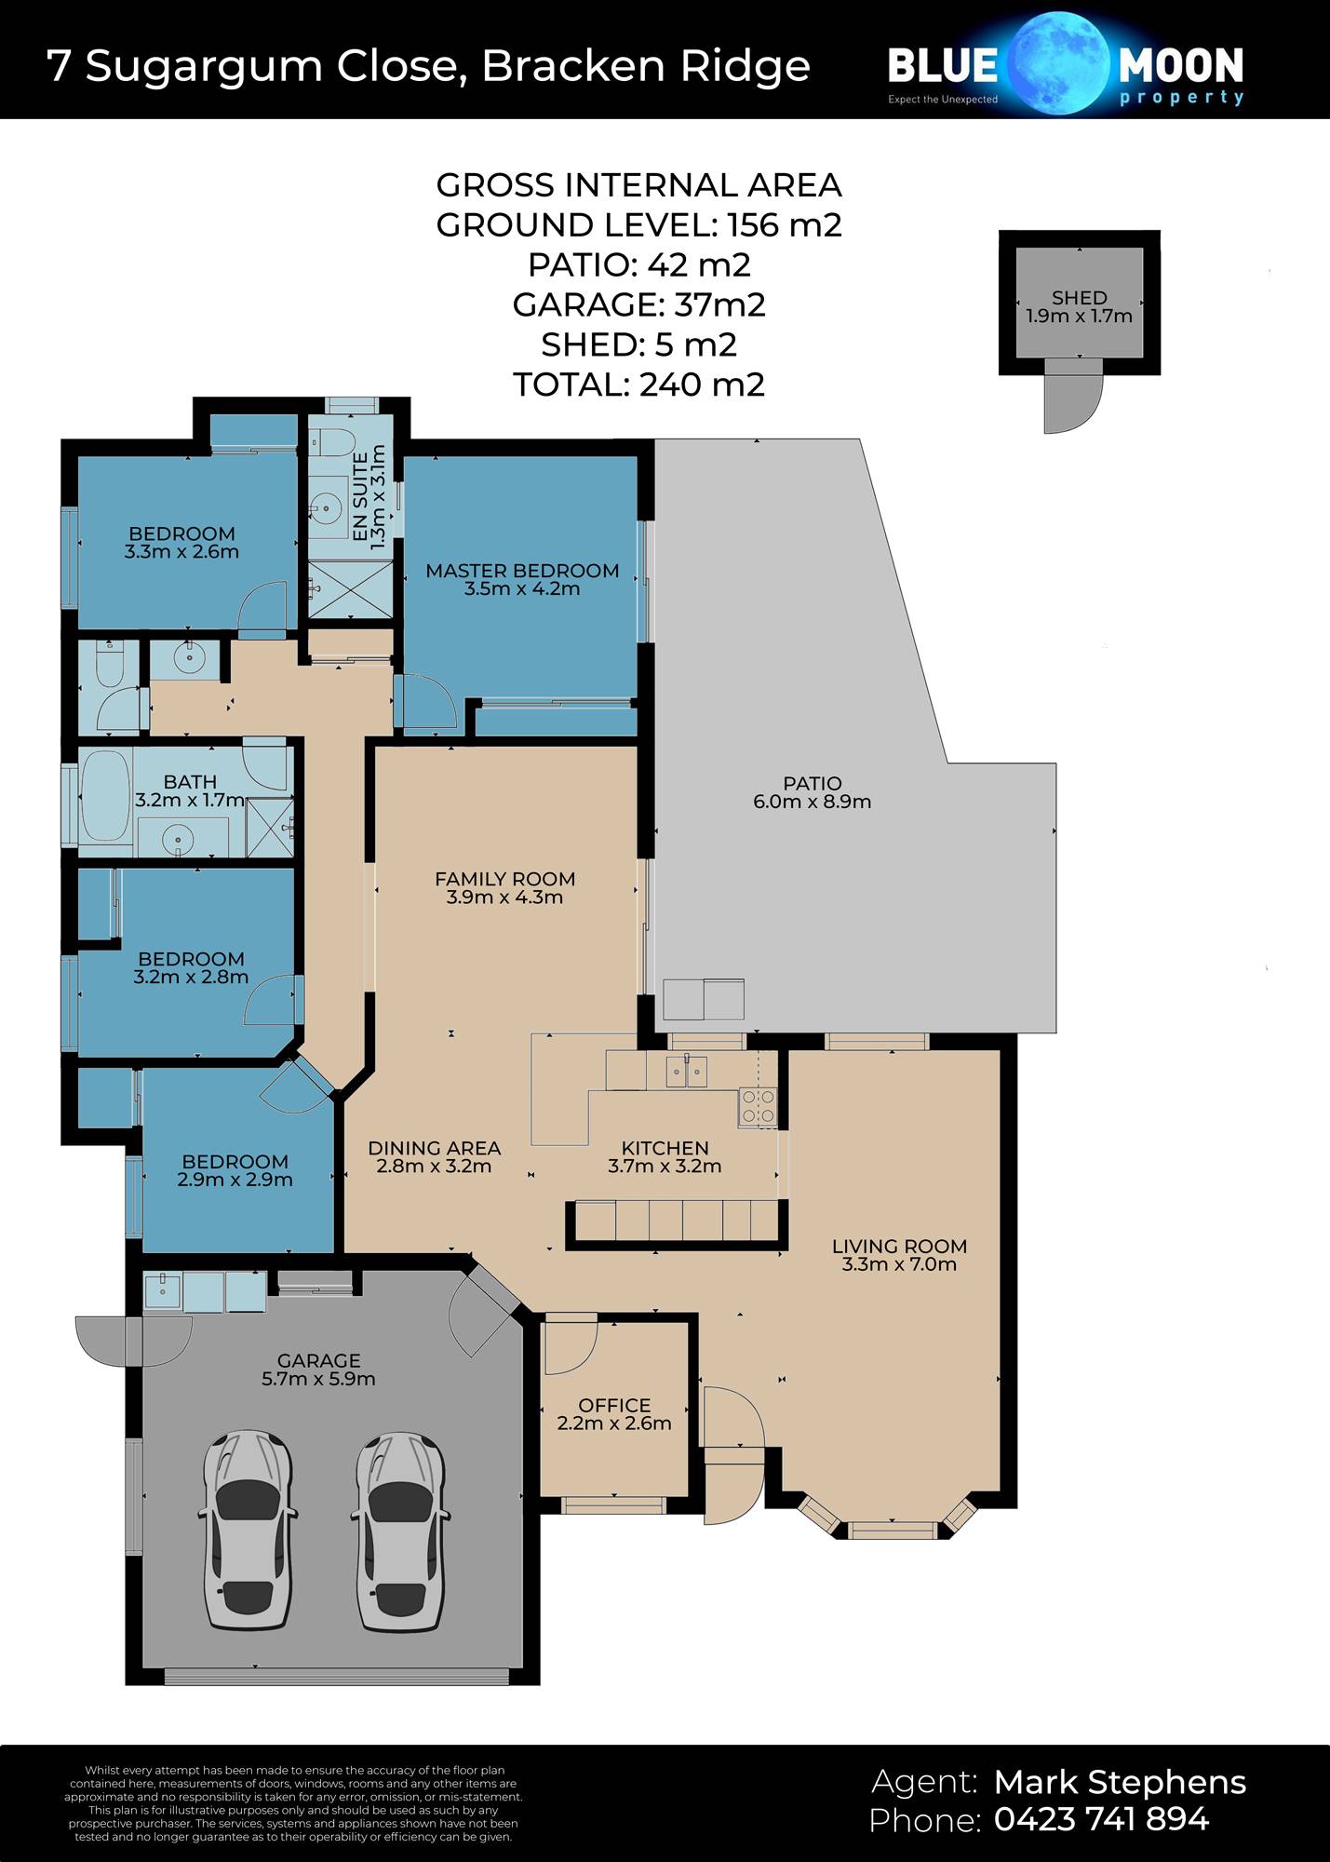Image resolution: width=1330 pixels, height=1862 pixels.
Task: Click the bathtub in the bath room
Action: tap(105, 798)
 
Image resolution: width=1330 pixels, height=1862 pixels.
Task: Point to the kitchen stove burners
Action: tap(758, 1107)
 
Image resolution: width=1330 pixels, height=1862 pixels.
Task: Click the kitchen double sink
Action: tap(687, 1072)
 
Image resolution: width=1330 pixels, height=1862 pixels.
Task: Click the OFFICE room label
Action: tap(614, 1405)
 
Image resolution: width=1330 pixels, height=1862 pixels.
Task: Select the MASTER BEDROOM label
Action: tap(522, 571)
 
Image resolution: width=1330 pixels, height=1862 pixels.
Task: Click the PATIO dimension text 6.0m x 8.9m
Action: tap(813, 802)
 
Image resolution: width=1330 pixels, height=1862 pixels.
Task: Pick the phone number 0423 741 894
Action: tap(1102, 1818)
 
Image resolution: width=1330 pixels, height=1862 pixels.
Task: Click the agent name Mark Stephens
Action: tap(1120, 1782)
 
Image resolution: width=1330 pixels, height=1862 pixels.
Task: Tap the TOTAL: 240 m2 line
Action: tap(639, 385)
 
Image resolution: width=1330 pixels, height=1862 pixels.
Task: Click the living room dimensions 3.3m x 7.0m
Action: tap(899, 1264)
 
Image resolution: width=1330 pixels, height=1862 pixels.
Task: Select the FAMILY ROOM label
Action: tap(505, 879)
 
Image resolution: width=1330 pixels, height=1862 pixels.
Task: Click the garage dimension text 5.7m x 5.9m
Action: tap(318, 1379)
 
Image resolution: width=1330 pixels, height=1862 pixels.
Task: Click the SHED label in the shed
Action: tap(1080, 298)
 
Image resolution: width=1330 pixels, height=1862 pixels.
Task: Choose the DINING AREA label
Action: tap(435, 1148)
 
